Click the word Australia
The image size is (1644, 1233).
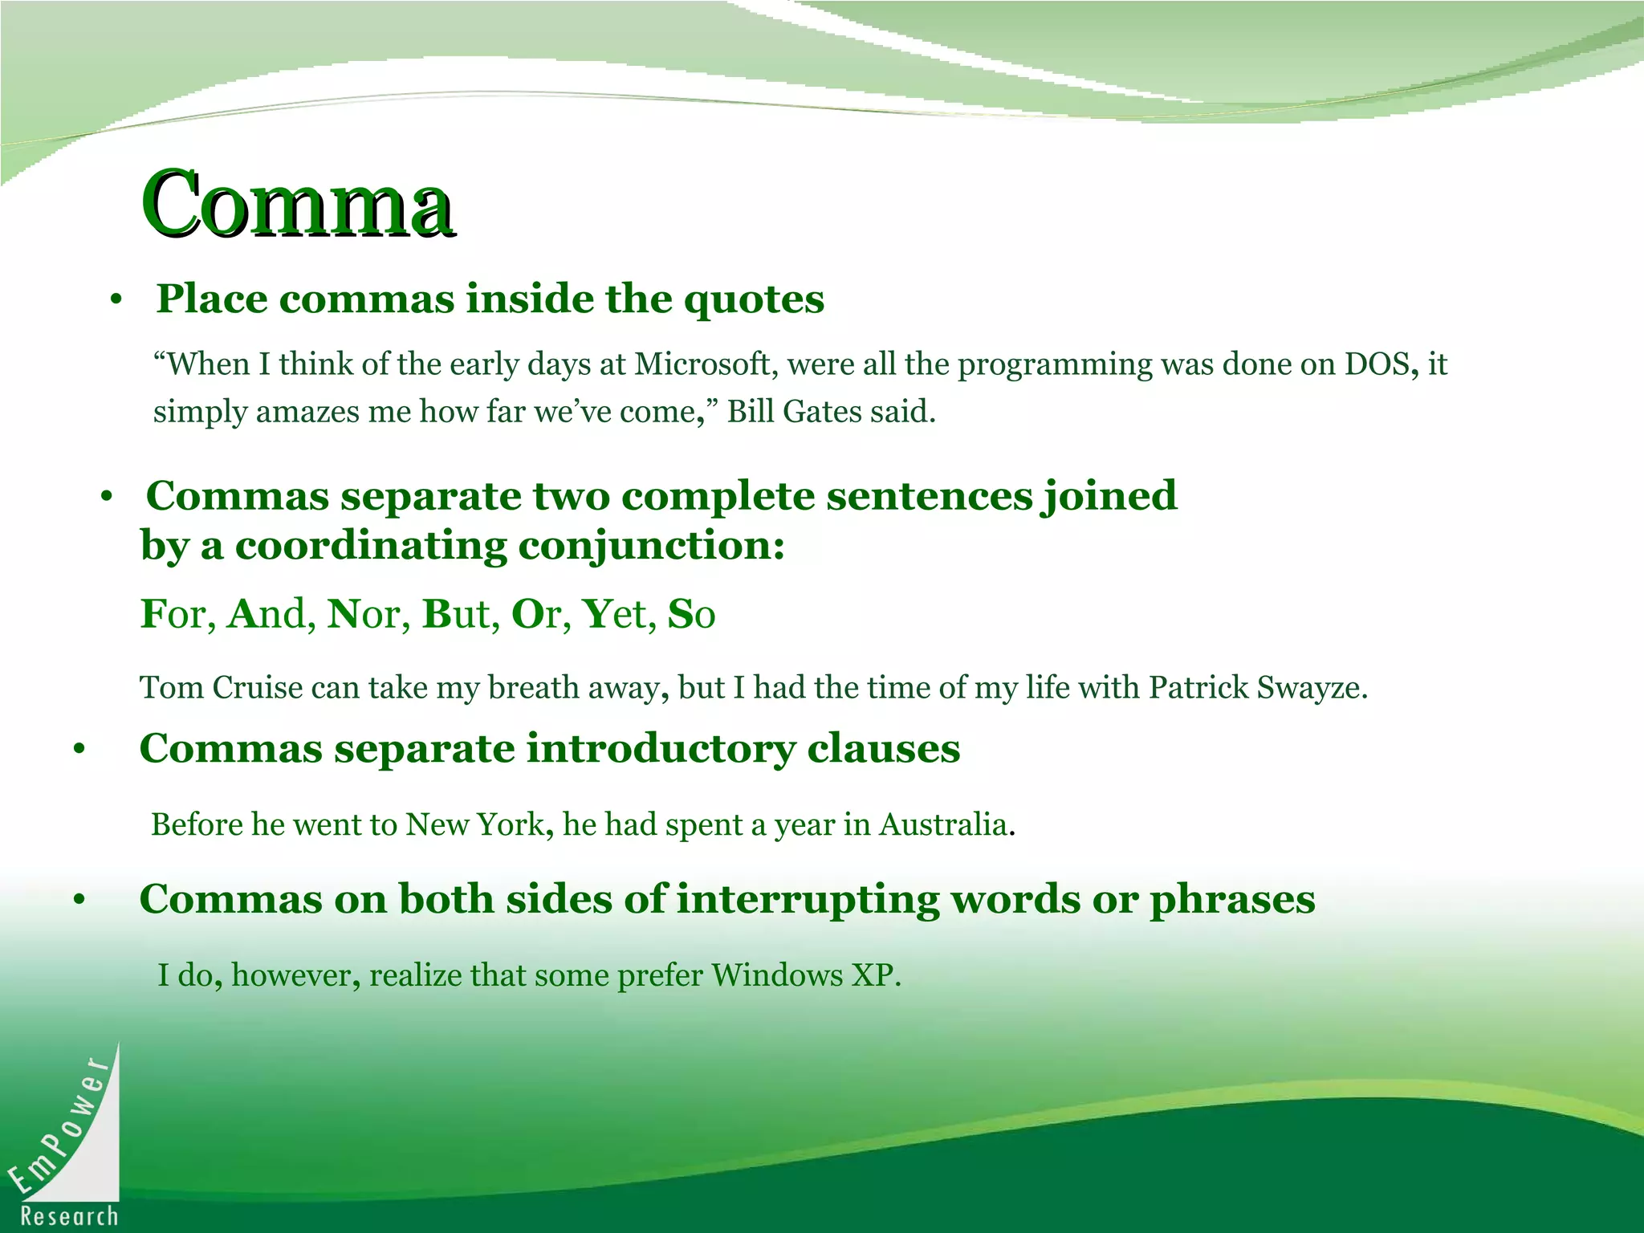click(x=943, y=824)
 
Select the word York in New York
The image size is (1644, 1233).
click(x=511, y=824)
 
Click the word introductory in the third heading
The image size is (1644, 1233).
click(x=661, y=749)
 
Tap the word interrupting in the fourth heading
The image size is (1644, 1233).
click(x=808, y=899)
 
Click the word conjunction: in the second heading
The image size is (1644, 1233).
click(x=651, y=546)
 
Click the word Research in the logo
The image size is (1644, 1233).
click(x=70, y=1216)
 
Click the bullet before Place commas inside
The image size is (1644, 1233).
click(x=116, y=300)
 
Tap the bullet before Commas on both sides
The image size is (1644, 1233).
click(x=79, y=901)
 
